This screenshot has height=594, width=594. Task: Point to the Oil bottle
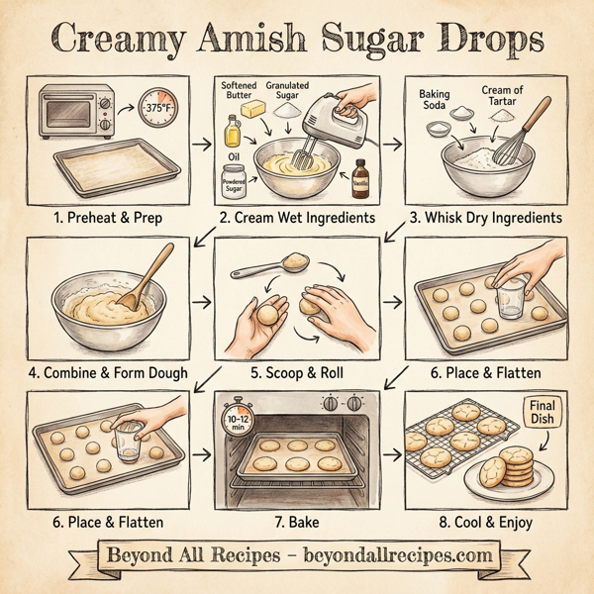pyautogui.click(x=233, y=132)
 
